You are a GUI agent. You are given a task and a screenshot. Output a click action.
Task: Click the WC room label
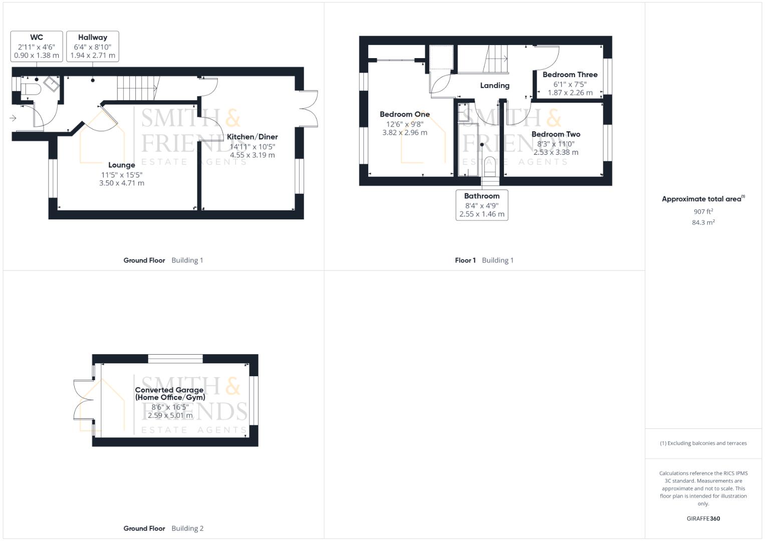(37, 37)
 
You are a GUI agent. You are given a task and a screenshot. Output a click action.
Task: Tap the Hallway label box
(93, 47)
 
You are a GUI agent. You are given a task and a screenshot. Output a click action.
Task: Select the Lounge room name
(122, 165)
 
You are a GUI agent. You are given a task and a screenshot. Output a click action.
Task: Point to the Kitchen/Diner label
(252, 137)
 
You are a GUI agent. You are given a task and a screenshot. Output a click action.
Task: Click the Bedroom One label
(405, 114)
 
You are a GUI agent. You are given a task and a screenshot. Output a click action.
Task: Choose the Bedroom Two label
(556, 134)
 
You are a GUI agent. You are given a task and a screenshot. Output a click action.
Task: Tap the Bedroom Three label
(570, 75)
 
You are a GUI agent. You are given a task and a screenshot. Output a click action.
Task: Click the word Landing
(495, 85)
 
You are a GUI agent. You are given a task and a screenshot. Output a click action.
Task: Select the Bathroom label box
(482, 205)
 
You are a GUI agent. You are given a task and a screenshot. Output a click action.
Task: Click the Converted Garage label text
(170, 393)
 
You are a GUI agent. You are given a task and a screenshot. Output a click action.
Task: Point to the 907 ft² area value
(703, 211)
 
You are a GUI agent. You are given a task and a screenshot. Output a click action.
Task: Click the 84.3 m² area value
(703, 222)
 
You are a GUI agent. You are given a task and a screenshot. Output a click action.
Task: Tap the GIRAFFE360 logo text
(703, 518)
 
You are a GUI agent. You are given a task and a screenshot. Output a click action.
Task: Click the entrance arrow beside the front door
(13, 118)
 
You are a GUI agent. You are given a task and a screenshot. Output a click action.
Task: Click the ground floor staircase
(139, 88)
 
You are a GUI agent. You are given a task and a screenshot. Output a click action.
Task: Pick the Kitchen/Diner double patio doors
(309, 109)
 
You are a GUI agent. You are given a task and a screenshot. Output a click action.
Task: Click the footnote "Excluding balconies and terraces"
(703, 443)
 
